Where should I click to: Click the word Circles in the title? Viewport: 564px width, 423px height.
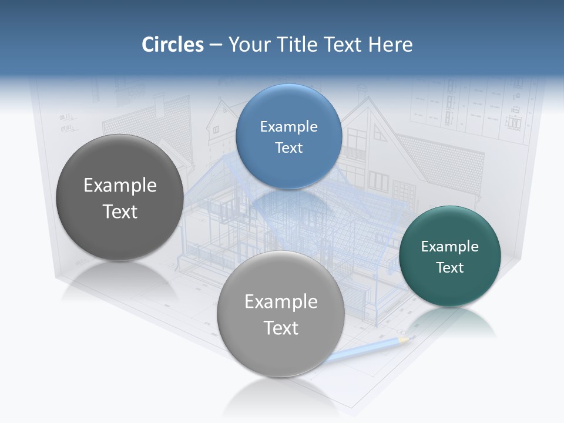click(x=172, y=45)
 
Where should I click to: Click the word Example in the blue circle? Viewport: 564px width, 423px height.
click(x=288, y=127)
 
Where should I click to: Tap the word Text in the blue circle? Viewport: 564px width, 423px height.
click(x=288, y=148)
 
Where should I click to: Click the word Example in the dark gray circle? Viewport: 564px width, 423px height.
click(x=120, y=186)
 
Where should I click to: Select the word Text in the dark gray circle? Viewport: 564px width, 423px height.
click(x=120, y=211)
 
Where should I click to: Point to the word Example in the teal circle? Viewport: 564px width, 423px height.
click(x=449, y=247)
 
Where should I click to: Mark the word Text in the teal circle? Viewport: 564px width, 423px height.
click(x=449, y=268)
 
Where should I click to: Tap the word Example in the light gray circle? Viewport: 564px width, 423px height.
click(x=281, y=302)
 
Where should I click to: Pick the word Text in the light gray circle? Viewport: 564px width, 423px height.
click(x=281, y=328)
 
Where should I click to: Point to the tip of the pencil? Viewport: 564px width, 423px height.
click(x=409, y=337)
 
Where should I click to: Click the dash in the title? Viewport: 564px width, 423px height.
click(x=216, y=45)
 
